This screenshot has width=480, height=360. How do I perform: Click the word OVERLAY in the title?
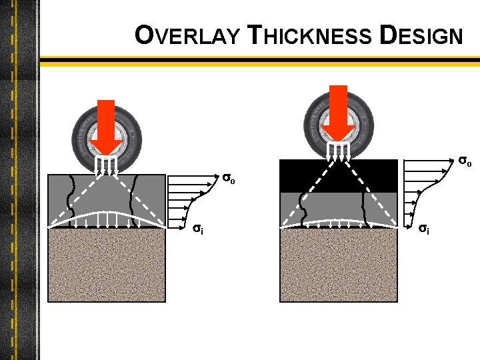(x=186, y=35)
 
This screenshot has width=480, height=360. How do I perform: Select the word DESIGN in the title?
(x=420, y=35)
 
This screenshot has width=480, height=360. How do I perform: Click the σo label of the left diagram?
(x=229, y=179)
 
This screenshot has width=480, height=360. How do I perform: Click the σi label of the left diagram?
(x=198, y=228)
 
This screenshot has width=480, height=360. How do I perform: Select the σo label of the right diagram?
(x=465, y=161)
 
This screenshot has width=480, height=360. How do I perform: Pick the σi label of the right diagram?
(x=423, y=229)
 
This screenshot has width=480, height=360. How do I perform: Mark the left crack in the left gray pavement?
(x=71, y=200)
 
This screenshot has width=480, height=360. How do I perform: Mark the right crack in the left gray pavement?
(x=137, y=200)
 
